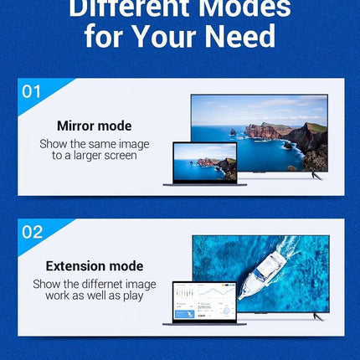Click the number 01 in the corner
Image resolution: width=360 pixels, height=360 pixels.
pos(31,91)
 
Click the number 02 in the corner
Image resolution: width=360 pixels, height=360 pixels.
pos(33,232)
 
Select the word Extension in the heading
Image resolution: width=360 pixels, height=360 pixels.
pos(75,266)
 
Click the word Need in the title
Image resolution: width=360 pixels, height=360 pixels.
pos(240,36)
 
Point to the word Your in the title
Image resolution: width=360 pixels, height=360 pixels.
pos(165,36)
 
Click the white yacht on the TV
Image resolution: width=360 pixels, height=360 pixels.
pos(262,275)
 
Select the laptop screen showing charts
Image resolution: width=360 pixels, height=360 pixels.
pos(205,301)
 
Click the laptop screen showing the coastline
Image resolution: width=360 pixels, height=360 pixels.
pos(205,162)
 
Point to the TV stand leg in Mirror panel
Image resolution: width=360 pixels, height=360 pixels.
pos(317,176)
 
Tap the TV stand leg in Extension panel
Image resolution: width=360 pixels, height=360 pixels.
pos(318,316)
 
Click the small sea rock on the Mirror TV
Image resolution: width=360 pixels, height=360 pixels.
pos(233,131)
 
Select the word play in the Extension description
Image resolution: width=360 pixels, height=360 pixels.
pos(133,296)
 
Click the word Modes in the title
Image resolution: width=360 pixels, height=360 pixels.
pos(244,9)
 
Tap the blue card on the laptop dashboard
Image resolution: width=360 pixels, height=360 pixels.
pos(184,314)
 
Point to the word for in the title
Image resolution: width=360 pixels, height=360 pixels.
pos(104,36)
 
